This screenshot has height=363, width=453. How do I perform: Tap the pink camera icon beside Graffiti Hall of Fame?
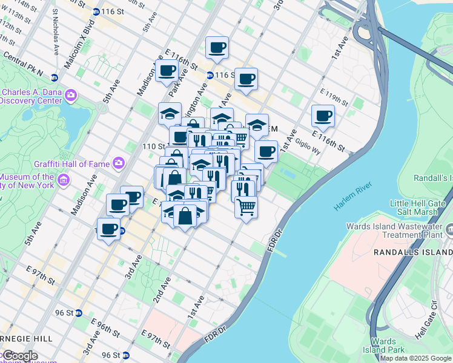pyautogui.click(x=119, y=162)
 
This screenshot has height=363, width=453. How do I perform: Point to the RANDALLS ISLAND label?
pyautogui.click(x=410, y=251)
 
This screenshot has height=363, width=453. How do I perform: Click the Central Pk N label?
pyautogui.click(x=22, y=64)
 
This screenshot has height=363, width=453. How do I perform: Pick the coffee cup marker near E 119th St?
pyautogui.click(x=323, y=115)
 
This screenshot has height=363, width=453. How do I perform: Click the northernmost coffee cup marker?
pyautogui.click(x=216, y=47)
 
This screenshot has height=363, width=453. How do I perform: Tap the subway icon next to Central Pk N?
pyautogui.click(x=55, y=77)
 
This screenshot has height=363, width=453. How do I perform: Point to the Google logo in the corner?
pyautogui.click(x=19, y=356)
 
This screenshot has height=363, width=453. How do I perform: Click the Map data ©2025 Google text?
pyautogui.click(x=416, y=358)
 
